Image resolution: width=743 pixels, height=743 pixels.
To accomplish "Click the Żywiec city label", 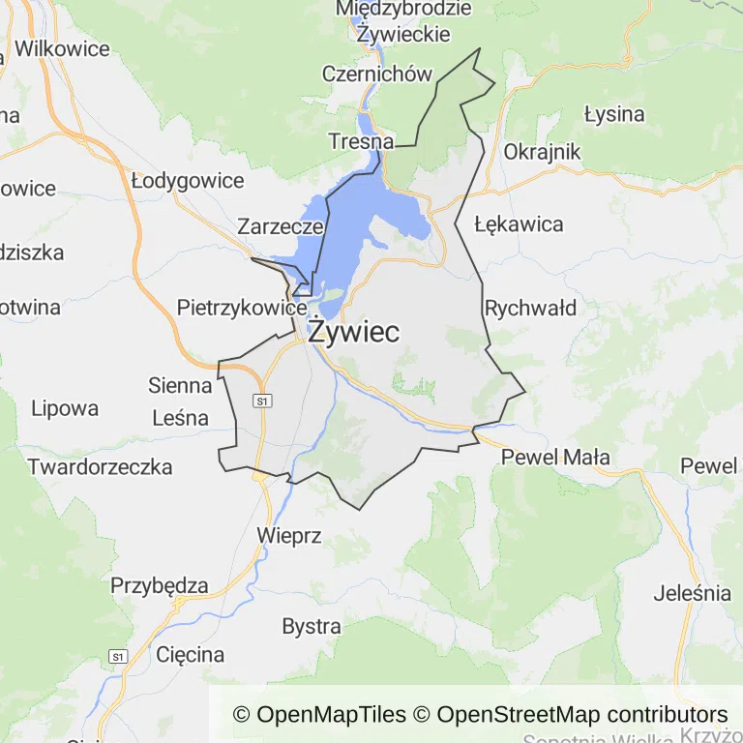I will point(353,332).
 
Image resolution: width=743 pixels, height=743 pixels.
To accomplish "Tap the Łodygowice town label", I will point(188,180).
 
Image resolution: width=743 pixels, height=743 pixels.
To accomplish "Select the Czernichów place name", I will point(376,74).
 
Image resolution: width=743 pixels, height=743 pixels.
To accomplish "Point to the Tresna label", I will point(361,141).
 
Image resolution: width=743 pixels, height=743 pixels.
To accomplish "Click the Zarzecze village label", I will point(281,227).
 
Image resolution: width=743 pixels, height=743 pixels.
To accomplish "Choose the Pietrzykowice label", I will point(242,308).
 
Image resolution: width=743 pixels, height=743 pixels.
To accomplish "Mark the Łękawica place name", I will point(519,224).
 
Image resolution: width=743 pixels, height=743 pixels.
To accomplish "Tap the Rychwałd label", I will point(530,309).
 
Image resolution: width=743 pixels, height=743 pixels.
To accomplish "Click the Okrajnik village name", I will point(542,152).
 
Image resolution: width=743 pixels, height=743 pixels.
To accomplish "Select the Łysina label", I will point(614,114).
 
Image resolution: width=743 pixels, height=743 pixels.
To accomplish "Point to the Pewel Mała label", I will point(556,458).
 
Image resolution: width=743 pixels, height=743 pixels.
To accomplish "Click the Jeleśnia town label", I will point(693,593).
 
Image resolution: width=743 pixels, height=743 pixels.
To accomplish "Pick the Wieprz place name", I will point(288,535).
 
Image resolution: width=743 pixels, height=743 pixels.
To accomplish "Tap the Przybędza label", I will point(160,585).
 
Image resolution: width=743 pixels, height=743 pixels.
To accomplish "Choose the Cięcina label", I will point(191,654).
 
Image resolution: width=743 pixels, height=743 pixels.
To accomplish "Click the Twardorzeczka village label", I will point(100,466).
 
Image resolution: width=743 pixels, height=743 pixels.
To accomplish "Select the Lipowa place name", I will point(65,407).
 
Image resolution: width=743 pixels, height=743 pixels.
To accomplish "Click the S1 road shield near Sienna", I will point(261,400).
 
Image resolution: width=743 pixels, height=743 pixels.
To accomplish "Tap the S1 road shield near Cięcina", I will point(119,657).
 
